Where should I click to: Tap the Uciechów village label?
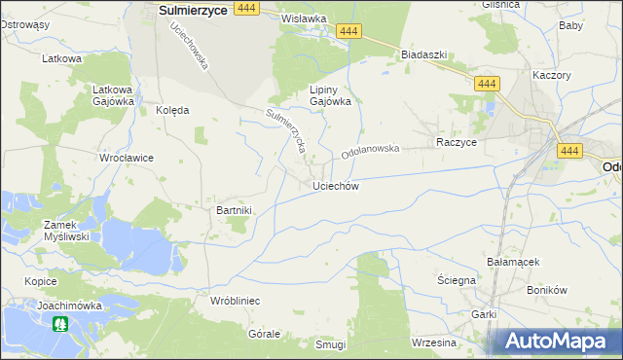click(x=337, y=186)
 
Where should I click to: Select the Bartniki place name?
click(x=234, y=210)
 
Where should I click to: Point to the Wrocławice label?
click(x=127, y=158)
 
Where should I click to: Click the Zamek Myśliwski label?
click(x=67, y=231)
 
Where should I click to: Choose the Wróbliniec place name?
click(x=235, y=302)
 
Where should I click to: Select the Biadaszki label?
click(x=423, y=55)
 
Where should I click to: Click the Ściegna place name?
click(x=456, y=280)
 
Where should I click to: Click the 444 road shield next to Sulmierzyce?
click(x=247, y=8)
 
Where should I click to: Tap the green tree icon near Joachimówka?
click(x=60, y=324)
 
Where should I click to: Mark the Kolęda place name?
click(x=172, y=111)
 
